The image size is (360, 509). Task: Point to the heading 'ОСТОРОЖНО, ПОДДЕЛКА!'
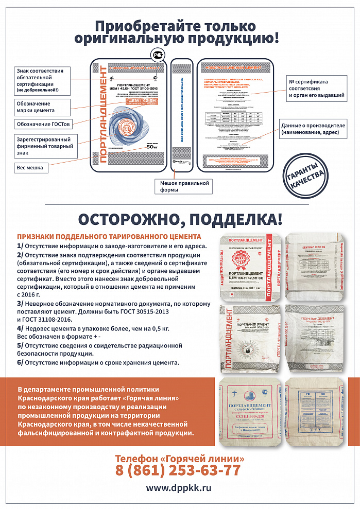click(x=180, y=218)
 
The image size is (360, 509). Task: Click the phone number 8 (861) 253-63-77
click(x=178, y=470)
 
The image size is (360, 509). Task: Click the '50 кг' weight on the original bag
click(x=151, y=160)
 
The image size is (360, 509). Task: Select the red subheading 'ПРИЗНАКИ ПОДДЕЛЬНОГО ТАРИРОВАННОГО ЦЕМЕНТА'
click(x=109, y=237)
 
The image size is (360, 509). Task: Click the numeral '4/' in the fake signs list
click(x=20, y=328)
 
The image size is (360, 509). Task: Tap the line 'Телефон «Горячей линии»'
click(x=179, y=458)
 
